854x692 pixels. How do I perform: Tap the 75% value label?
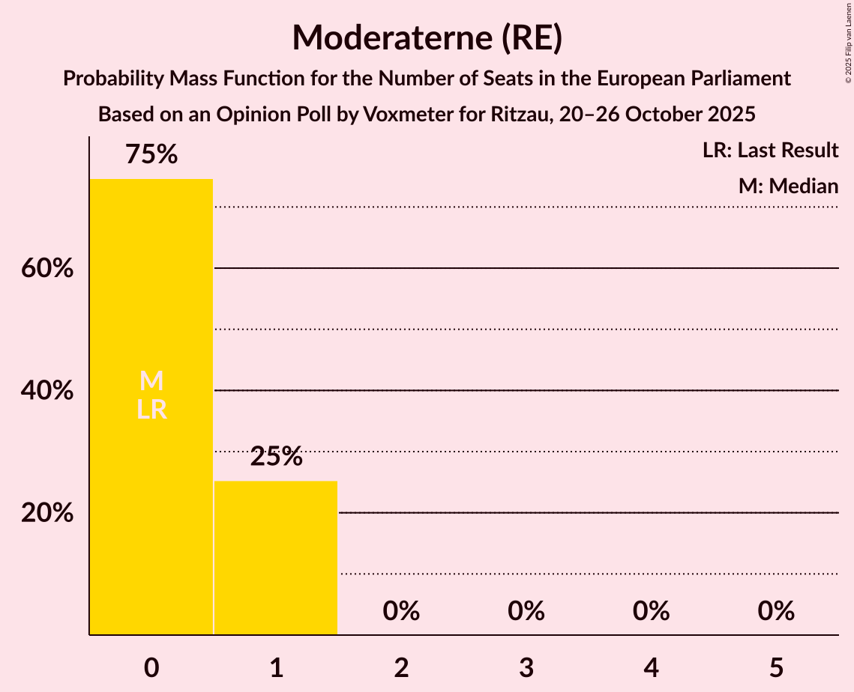click(151, 155)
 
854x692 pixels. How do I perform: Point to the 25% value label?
click(276, 456)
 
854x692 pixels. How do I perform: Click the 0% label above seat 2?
click(401, 611)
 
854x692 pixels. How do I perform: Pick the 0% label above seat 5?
click(776, 611)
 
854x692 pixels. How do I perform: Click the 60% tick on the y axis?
click(47, 268)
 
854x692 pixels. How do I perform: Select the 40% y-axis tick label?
click(47, 391)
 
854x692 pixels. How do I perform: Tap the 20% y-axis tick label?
click(47, 514)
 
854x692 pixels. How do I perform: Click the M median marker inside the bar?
click(151, 380)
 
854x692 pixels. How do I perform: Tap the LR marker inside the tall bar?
click(151, 410)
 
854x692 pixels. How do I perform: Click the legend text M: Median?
click(788, 186)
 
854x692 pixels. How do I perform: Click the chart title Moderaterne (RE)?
click(427, 37)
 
